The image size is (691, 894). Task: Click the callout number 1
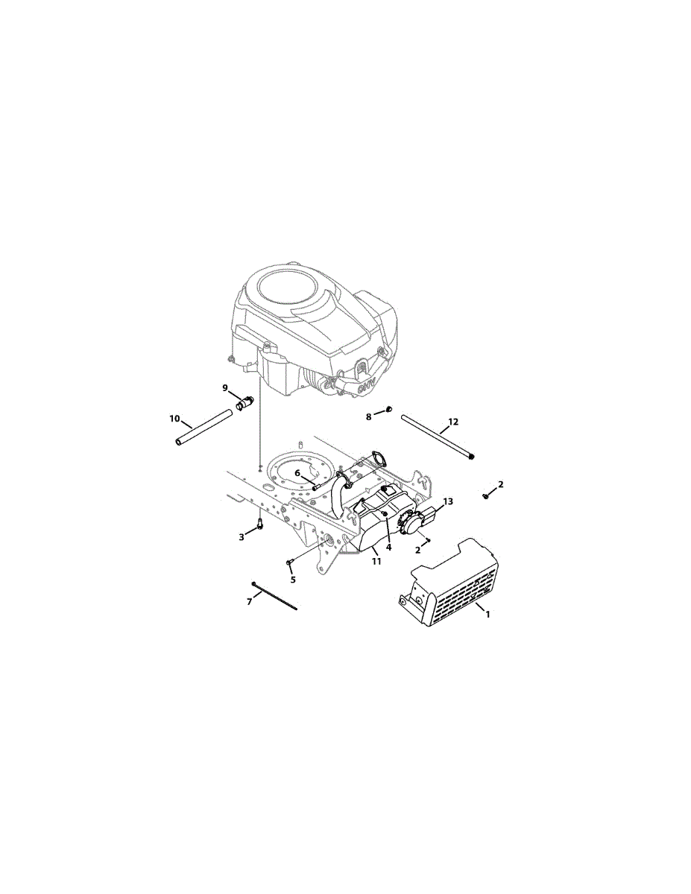tap(488, 615)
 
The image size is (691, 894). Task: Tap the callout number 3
tap(242, 536)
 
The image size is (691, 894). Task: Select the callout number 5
tap(293, 580)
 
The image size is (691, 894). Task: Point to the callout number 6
tap(297, 473)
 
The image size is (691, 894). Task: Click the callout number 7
tap(250, 601)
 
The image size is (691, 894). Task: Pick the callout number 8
tap(369, 416)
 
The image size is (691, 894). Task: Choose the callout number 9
tap(224, 387)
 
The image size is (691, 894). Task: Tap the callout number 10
tap(174, 419)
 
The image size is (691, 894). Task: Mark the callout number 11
tap(376, 561)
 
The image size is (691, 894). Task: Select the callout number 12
tap(453, 422)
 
